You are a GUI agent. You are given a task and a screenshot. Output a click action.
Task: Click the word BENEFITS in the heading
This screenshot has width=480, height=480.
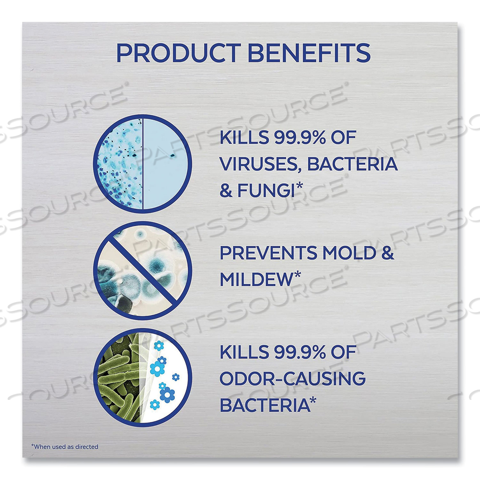pos(310,53)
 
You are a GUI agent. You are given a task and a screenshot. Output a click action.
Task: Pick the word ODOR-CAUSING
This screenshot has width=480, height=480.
pos(292,379)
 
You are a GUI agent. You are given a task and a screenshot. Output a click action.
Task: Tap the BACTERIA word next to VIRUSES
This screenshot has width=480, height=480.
pos(352,165)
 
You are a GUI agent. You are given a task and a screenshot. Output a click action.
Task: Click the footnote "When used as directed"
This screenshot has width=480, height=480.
pos(65,446)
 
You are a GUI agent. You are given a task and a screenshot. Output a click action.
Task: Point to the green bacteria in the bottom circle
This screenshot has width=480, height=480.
pos(115,379)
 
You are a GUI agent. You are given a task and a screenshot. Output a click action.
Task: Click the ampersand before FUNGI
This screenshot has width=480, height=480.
pos(226,191)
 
